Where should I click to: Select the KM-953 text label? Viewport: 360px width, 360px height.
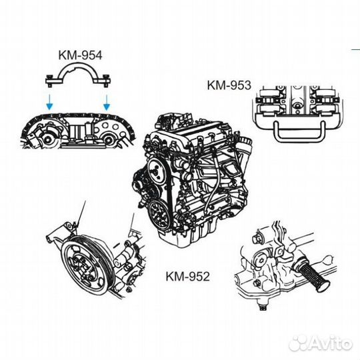(x=229, y=85)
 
